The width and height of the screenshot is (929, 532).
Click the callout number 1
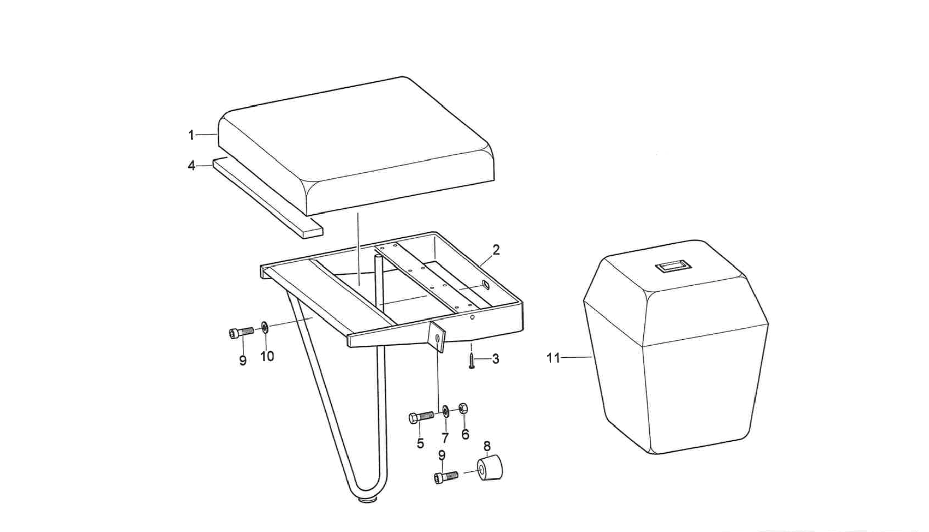[191, 135]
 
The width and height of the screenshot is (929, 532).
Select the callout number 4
[191, 166]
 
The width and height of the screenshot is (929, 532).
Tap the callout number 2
[496, 250]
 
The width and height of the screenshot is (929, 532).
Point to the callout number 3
[496, 359]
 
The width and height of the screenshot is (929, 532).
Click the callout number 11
[553, 358]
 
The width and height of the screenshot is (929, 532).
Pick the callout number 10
[267, 356]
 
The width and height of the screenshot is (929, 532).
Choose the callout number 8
[487, 446]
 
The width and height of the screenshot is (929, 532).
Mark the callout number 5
[420, 444]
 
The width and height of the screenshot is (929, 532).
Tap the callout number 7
[445, 438]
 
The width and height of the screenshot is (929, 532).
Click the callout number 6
[465, 434]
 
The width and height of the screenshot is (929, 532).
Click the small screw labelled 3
[471, 361]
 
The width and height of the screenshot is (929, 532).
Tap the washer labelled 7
[446, 411]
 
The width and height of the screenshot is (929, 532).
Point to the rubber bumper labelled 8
[489, 468]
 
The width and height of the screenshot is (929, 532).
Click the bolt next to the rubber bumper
[446, 476]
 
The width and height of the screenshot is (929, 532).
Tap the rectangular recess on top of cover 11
[674, 267]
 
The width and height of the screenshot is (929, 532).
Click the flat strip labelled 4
[267, 197]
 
